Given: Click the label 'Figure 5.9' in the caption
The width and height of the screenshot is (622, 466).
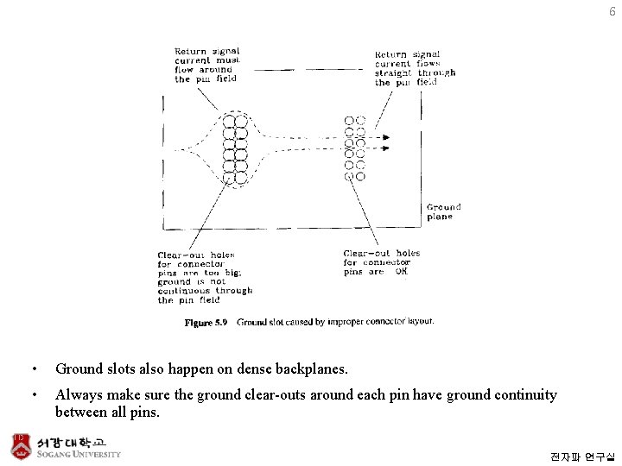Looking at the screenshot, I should tap(206, 323).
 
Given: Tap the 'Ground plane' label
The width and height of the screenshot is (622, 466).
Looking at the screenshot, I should tap(444, 212).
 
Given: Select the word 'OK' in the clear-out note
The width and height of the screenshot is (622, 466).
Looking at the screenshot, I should tap(401, 272).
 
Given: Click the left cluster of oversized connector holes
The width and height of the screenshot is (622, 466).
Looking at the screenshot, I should tap(235, 148).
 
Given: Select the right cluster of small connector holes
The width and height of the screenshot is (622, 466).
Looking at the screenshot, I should tap(355, 148).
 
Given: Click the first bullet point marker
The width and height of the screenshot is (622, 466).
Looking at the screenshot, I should tap(33, 369).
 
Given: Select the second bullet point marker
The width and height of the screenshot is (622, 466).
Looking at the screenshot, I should tap(33, 395).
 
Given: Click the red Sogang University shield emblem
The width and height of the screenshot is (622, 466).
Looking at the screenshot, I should tap(20, 445).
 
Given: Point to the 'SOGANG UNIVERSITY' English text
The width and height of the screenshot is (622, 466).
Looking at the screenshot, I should tap(79, 454).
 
